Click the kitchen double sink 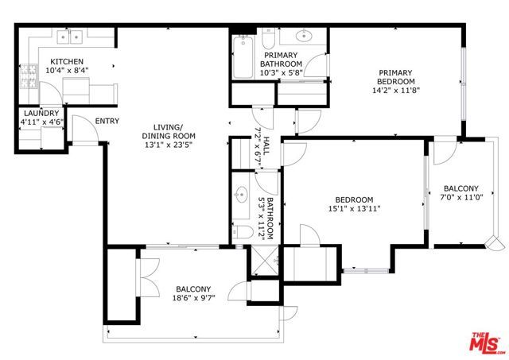click(x=71, y=36)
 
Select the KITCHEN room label click(x=68, y=62)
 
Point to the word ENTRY click(x=107, y=122)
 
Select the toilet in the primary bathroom click(x=268, y=38)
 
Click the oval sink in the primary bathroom click(x=305, y=36)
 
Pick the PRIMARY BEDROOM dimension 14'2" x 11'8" click(x=395, y=91)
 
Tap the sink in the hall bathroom click(x=242, y=195)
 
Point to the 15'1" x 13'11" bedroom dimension click(x=354, y=209)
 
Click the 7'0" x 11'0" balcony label click(x=460, y=198)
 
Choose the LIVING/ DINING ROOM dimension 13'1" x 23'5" click(x=169, y=145)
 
